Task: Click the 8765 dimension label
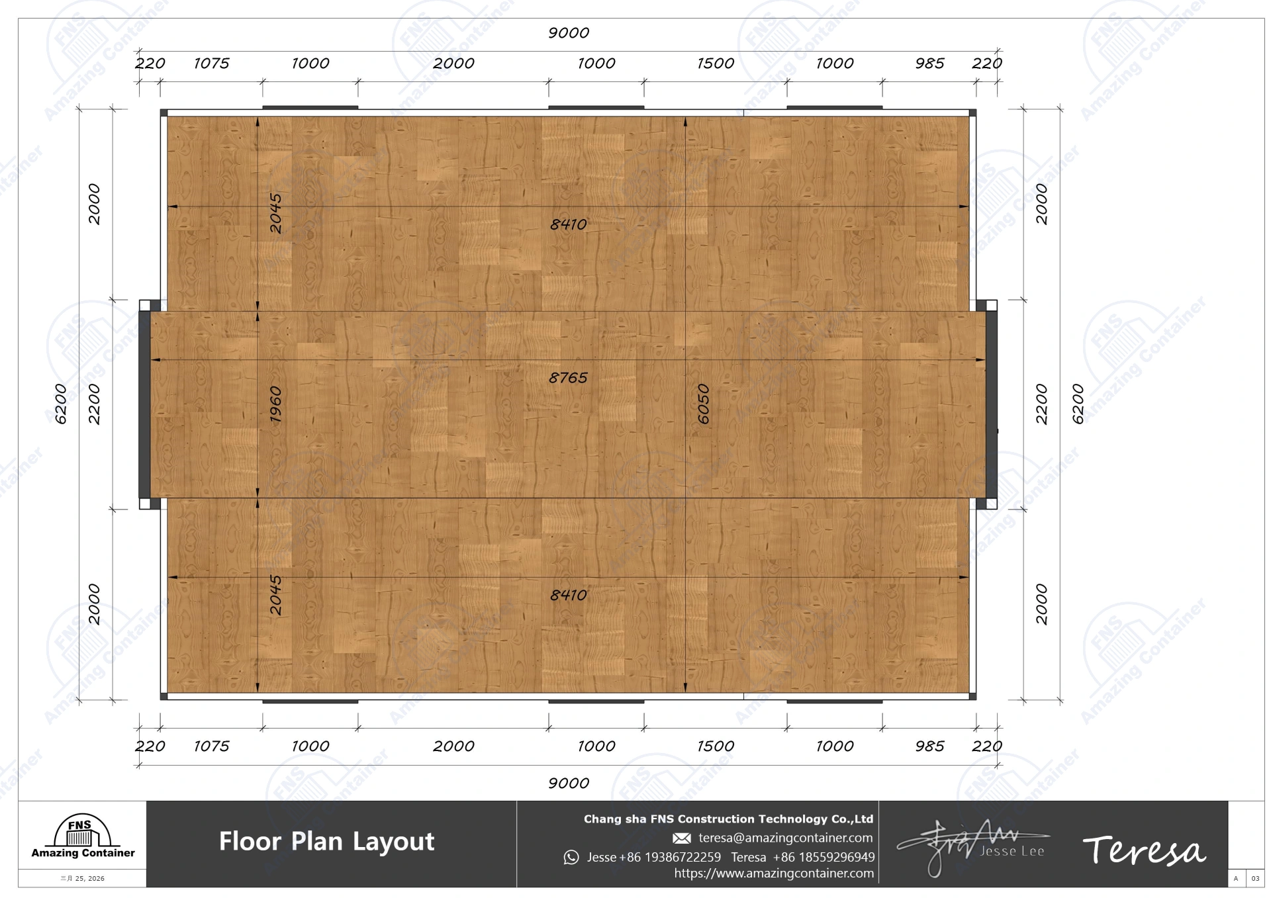[568, 378]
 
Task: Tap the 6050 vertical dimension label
[703, 404]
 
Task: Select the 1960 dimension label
[275, 404]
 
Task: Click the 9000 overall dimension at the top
[568, 33]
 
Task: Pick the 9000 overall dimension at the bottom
[568, 784]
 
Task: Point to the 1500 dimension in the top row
[715, 64]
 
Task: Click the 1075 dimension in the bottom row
[211, 746]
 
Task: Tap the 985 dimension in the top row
[929, 64]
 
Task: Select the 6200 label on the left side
[61, 404]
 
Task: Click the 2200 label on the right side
[1041, 404]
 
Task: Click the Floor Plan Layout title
[326, 842]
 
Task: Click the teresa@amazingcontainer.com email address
[785, 838]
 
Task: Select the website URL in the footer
[773, 874]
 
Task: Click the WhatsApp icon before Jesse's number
[571, 858]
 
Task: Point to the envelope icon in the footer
[681, 838]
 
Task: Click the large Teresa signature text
[1143, 850]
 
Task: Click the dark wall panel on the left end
[144, 404]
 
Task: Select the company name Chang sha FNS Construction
[728, 819]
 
